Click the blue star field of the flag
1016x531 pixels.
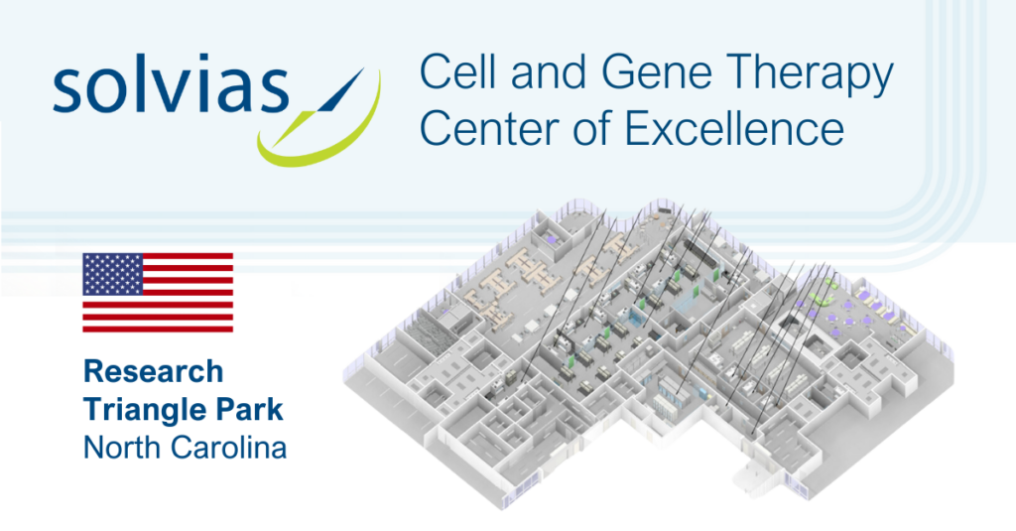113,274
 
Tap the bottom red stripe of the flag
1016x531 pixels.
158,329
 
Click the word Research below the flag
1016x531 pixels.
154,371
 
